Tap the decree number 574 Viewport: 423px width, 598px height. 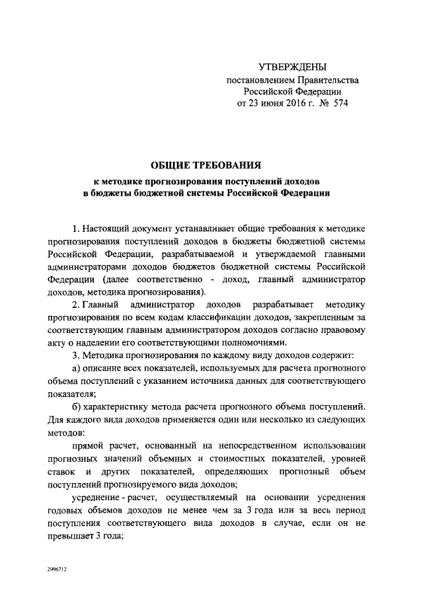coord(339,103)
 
